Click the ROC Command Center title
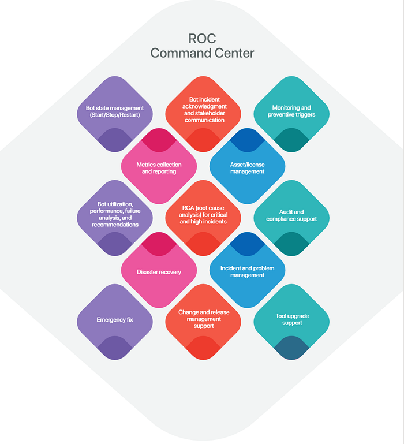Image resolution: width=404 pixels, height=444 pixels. [201, 46]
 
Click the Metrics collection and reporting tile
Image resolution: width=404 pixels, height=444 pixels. [159, 168]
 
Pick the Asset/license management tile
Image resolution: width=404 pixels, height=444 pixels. [247, 168]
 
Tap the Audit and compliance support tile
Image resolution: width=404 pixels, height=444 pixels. [291, 216]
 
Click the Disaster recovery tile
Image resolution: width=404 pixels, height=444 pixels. [159, 271]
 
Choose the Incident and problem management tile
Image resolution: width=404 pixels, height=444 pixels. [247, 271]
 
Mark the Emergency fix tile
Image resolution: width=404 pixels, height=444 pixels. [115, 319]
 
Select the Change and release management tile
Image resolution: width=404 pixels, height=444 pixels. [204, 319]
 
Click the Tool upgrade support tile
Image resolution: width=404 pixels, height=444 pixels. [291, 319]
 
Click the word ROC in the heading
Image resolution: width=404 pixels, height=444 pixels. [201, 39]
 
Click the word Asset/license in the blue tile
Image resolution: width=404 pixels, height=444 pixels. [247, 164]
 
